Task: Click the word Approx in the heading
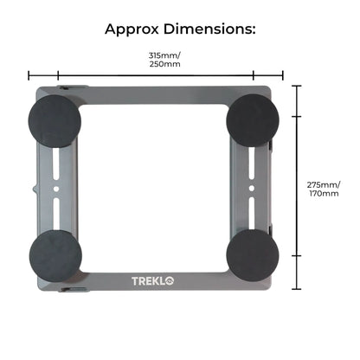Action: tap(132, 29)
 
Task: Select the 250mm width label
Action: tap(164, 64)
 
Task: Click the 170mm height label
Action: tap(324, 193)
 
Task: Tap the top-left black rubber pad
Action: tap(55, 121)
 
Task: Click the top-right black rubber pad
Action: tap(253, 120)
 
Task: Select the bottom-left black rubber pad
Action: tap(55, 256)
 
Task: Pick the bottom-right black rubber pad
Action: tap(253, 255)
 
